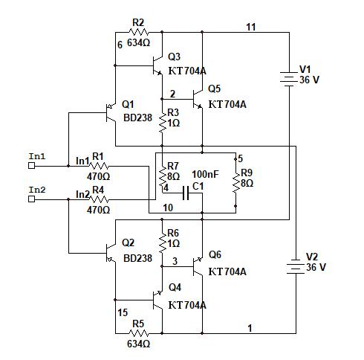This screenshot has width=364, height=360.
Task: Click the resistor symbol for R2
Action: [139, 32]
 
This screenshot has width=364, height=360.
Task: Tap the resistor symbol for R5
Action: [139, 333]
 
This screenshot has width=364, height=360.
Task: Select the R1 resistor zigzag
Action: [99, 166]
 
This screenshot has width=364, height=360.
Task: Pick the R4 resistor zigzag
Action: [99, 199]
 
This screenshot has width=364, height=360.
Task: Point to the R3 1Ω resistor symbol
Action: [163, 123]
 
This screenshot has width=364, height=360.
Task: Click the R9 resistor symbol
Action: [235, 183]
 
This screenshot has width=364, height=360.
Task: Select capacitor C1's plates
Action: [186, 193]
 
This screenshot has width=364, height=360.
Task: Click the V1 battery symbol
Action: [289, 80]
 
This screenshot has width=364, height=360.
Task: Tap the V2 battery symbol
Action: [296, 267]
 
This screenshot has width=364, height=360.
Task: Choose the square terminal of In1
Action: [32, 166]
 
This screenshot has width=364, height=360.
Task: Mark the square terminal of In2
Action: [32, 199]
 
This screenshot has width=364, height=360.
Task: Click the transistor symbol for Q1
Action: [111, 113]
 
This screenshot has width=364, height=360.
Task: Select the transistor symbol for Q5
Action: [198, 99]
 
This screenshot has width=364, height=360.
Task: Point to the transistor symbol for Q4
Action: [157, 300]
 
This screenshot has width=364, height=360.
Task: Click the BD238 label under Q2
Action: [137, 258]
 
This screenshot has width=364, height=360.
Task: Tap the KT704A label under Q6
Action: [227, 271]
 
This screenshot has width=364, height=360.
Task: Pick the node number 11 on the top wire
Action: [251, 27]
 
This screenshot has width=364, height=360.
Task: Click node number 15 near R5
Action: [123, 312]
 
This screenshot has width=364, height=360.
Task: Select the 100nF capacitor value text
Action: [205, 174]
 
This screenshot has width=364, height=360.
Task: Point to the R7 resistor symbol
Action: [163, 176]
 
